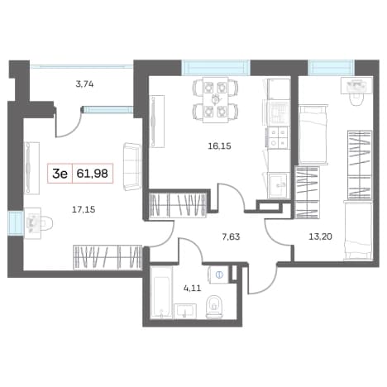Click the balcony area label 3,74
(84, 84)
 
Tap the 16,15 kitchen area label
(219, 146)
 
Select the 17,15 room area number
(84, 210)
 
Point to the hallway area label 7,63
(231, 236)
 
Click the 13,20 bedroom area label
(320, 236)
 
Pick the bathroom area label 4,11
(193, 289)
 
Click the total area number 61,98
(92, 174)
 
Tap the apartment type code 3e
(60, 174)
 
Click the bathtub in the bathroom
(161, 293)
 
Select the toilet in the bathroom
(214, 307)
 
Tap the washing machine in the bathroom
(219, 275)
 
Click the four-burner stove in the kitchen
(278, 138)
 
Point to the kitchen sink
(279, 185)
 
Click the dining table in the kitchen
(216, 99)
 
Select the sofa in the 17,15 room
(132, 167)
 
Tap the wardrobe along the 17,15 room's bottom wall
(107, 257)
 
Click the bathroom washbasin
(184, 311)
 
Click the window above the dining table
(216, 68)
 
